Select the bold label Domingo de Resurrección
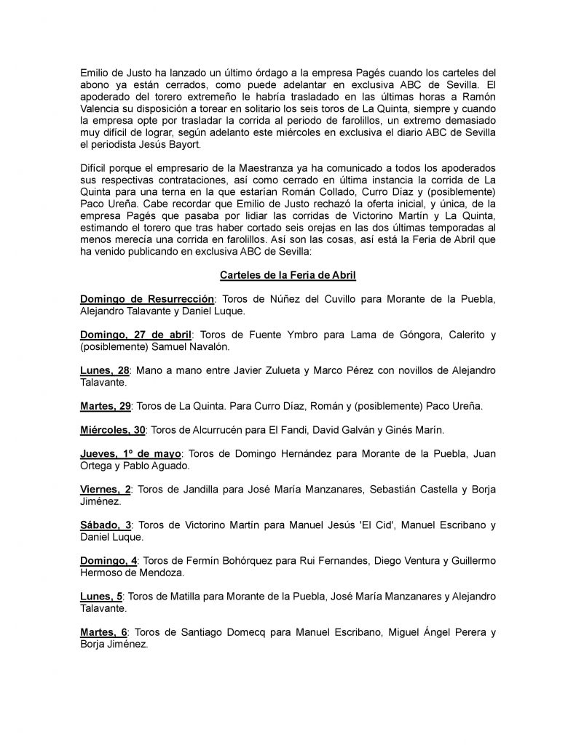pyautogui.click(x=146, y=299)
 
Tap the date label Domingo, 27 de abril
pyautogui.click(x=135, y=334)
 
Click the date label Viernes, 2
pyautogui.click(x=106, y=489)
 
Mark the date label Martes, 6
pyautogui.click(x=106, y=632)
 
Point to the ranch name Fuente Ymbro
pyautogui.click(x=281, y=334)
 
